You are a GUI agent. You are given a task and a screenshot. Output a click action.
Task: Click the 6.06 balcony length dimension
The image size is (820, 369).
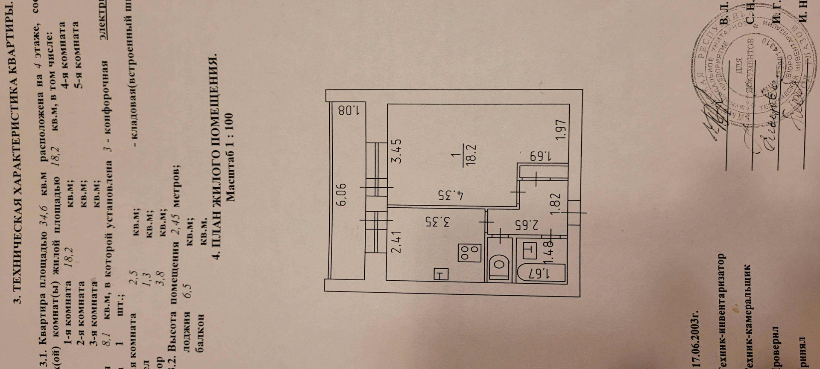pos(343,195)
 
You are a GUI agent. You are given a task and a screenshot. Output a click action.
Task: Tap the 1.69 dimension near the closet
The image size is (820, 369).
pos(535,156)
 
